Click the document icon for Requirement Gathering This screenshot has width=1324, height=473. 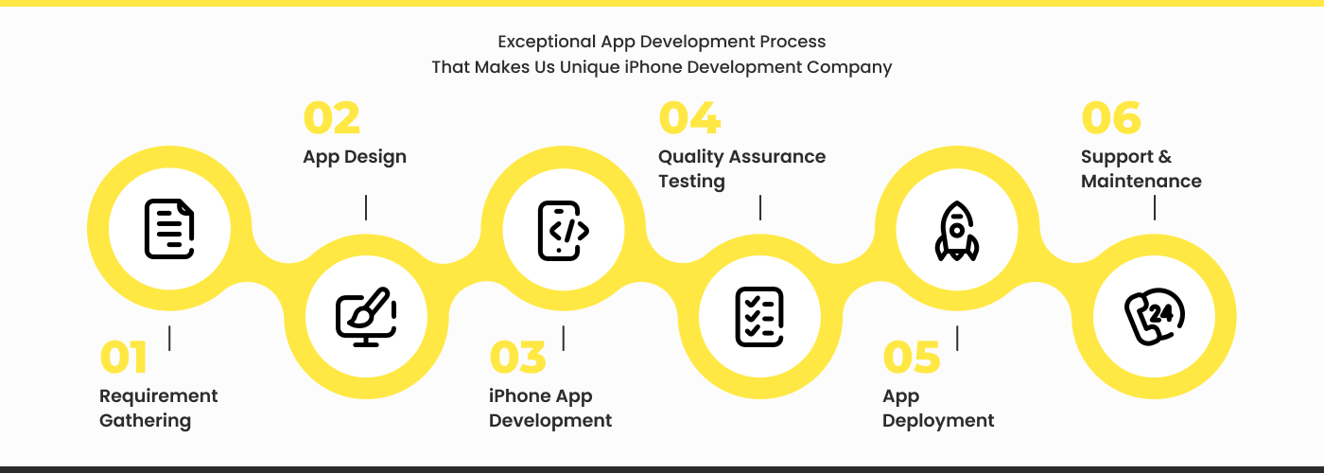[x=169, y=229]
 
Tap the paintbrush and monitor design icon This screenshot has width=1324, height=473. [x=366, y=316]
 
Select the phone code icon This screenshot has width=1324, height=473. [x=563, y=230]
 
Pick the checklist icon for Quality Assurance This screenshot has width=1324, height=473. [x=759, y=316]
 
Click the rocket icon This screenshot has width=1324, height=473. [x=956, y=230]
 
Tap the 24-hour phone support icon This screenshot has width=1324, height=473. [x=1154, y=317]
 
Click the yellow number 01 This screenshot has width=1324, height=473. [x=124, y=359]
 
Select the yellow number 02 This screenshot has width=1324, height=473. [x=331, y=119]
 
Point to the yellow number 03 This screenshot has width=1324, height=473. [x=517, y=359]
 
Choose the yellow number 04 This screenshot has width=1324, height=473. [x=688, y=119]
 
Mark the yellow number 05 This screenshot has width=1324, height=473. [x=911, y=359]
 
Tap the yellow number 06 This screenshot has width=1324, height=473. [x=1110, y=119]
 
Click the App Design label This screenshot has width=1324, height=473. [x=355, y=157]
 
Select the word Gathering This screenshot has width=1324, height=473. [x=145, y=421]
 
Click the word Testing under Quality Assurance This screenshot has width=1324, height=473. [x=691, y=182]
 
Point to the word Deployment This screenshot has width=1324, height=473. [x=938, y=421]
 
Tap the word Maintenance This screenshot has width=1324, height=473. [x=1141, y=182]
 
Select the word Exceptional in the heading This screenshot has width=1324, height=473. [x=547, y=42]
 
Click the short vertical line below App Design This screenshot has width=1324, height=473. [x=366, y=208]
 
